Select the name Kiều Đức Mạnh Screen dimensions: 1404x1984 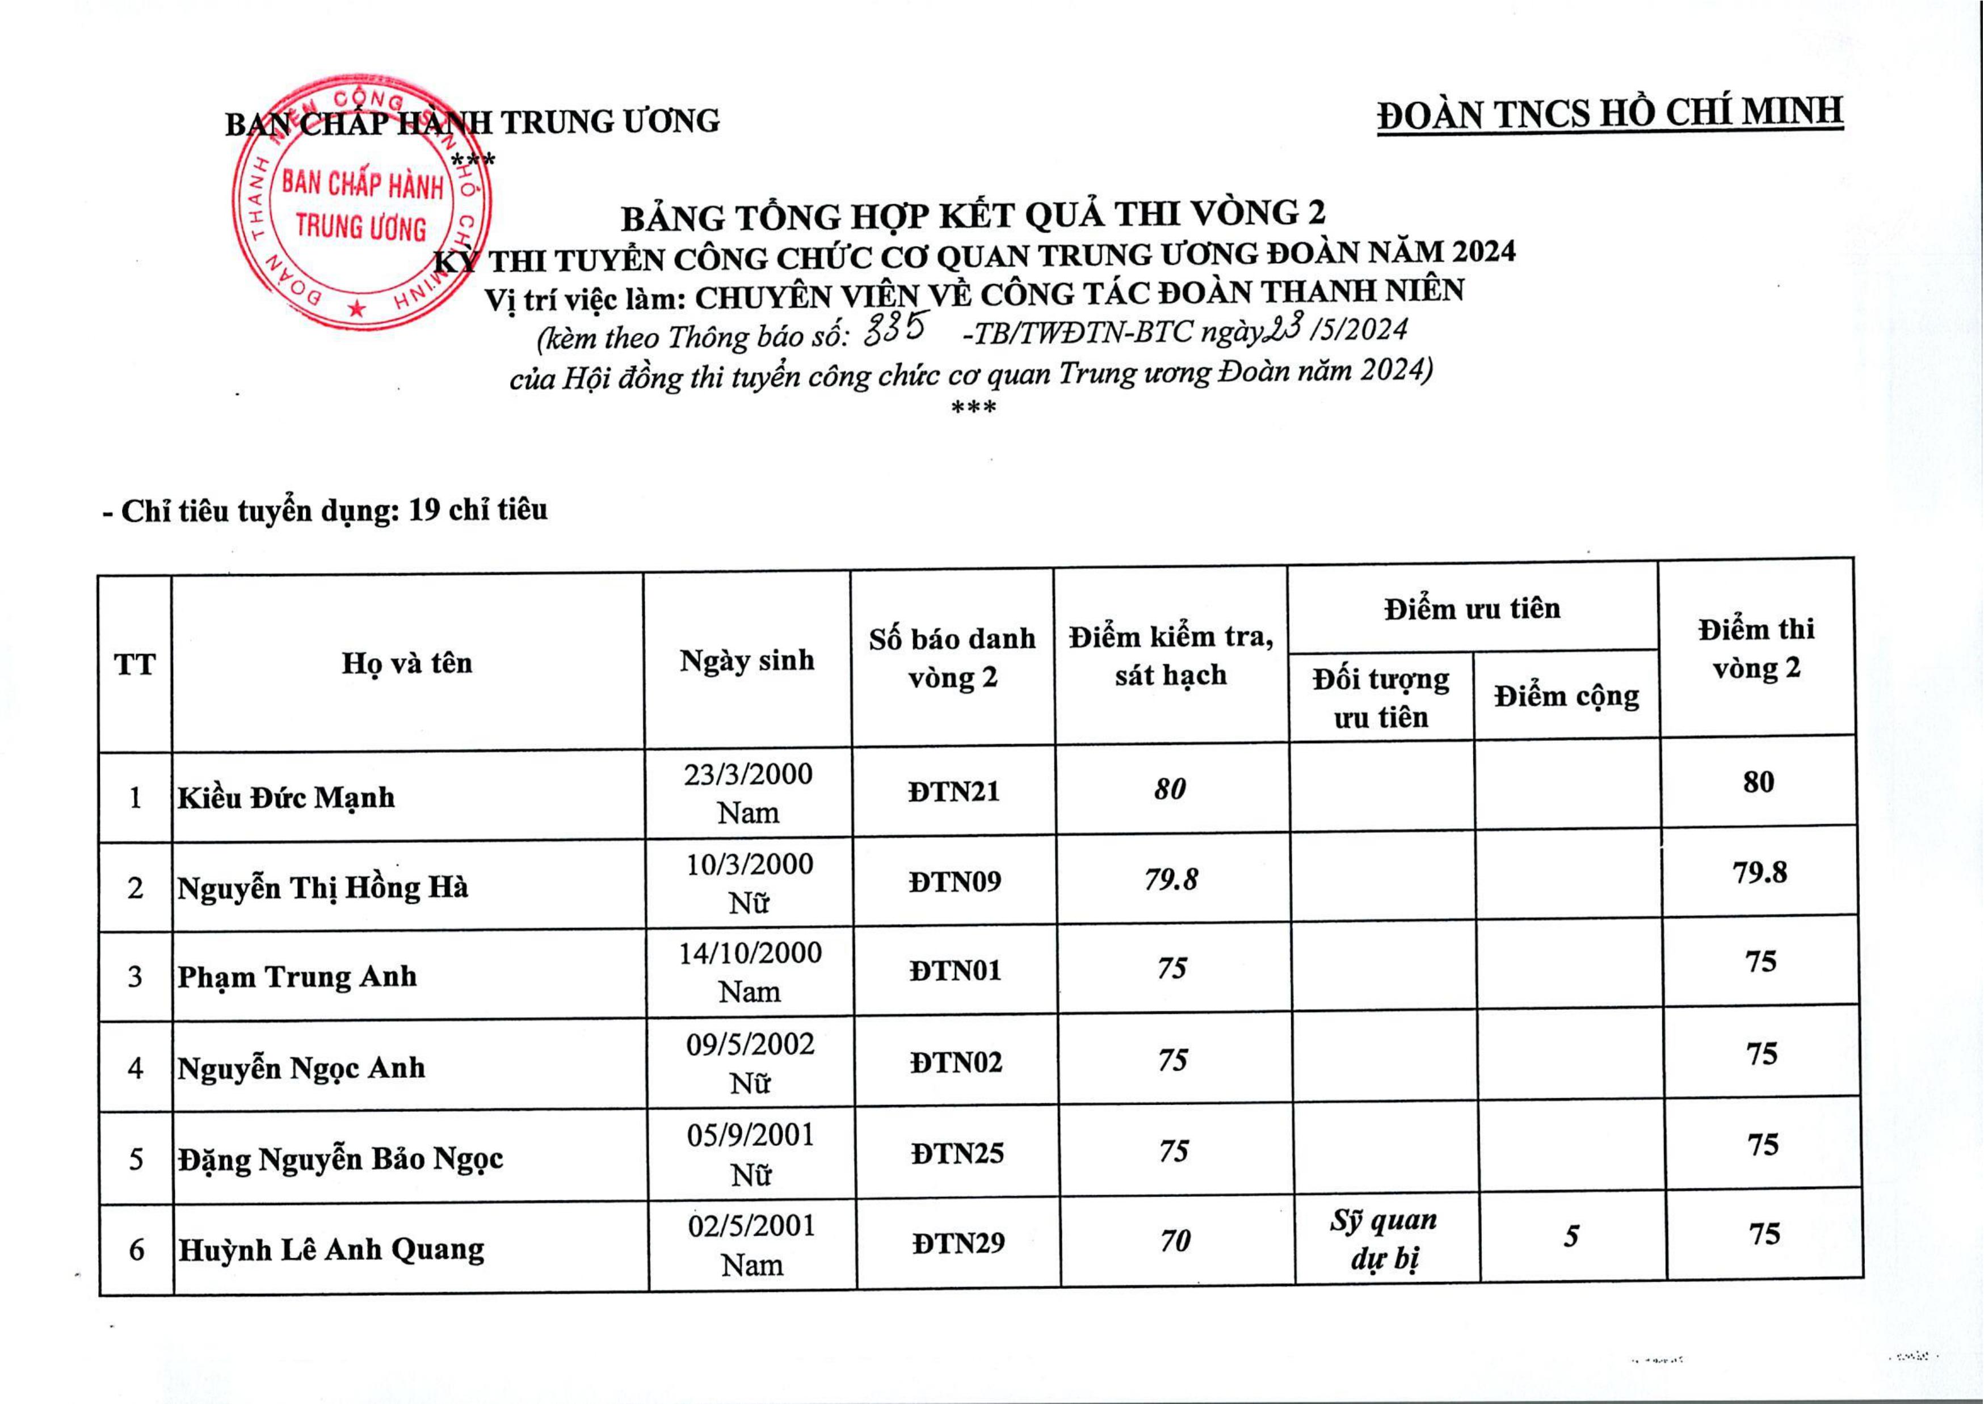pos(286,797)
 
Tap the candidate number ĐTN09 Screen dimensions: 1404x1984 pos(955,881)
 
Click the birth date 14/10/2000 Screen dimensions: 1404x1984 pos(750,952)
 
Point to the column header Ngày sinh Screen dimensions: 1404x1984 pos(747,660)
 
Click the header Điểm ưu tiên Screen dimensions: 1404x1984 pos(1472,609)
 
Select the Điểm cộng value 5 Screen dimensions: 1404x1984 pos(1571,1236)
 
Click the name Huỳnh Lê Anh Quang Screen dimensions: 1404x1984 pos(331,1249)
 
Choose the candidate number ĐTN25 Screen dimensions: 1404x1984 pos(957,1153)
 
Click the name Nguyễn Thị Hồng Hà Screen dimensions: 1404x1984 pos(322,888)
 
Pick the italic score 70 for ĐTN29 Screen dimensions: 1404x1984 pos(1175,1241)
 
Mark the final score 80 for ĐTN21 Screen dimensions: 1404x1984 pos(1758,782)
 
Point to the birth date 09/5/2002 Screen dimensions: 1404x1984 pos(751,1044)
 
